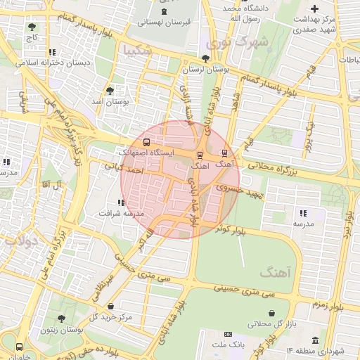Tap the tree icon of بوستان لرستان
point(205,58)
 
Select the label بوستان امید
point(109,102)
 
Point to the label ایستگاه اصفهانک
point(145,152)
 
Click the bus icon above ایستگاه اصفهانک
point(146,143)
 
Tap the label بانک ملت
point(226,344)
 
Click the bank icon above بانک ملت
point(227,334)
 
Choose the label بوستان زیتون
point(57,328)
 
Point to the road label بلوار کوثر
point(231,229)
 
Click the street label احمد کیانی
point(124,168)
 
